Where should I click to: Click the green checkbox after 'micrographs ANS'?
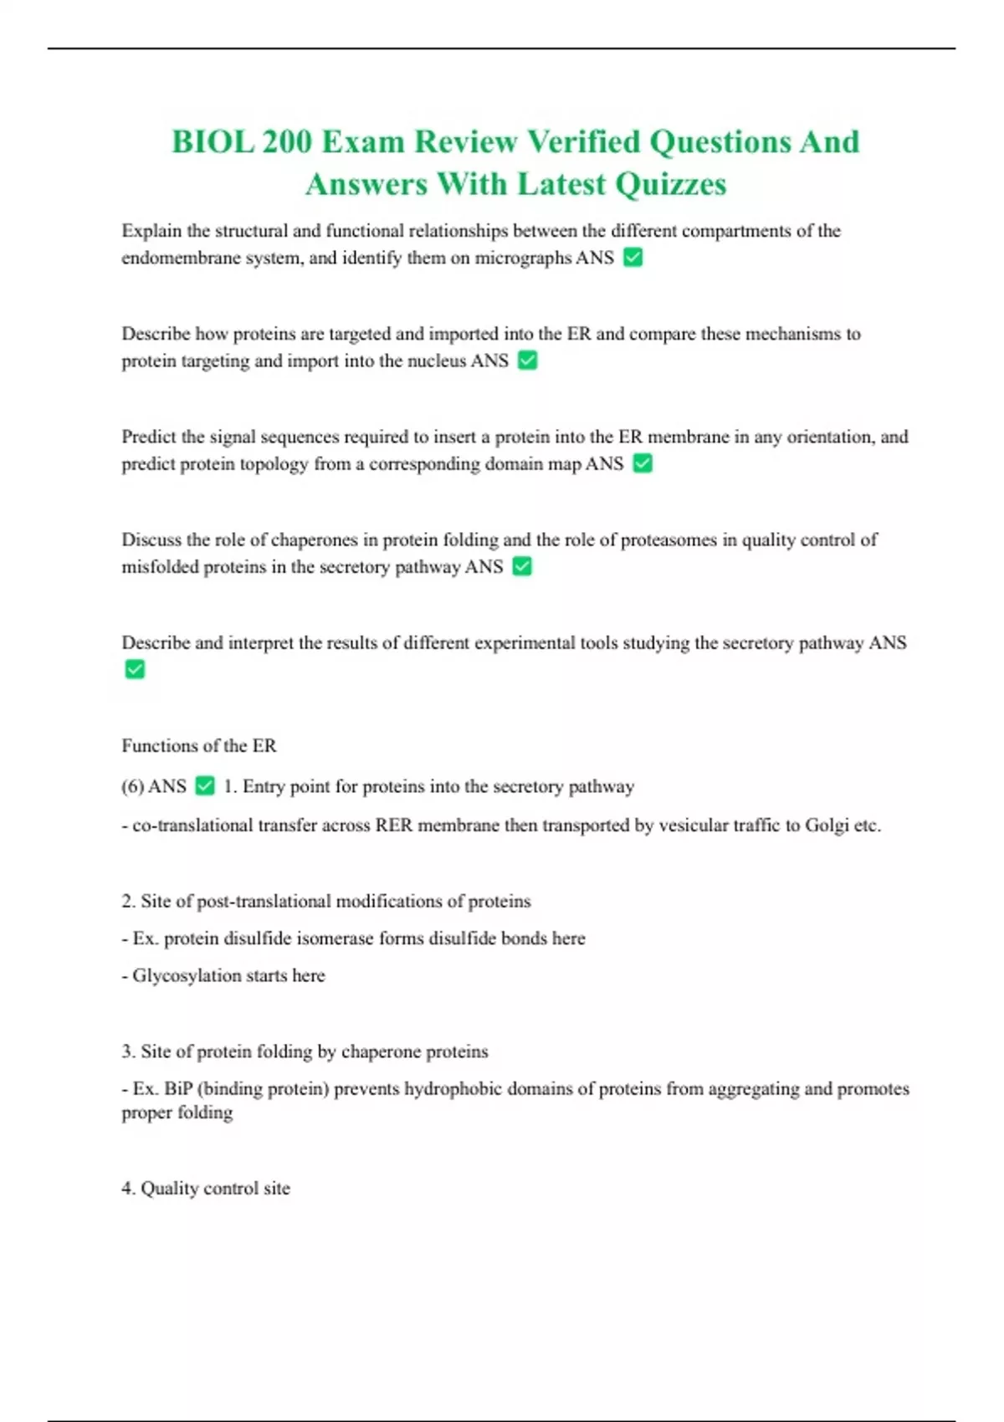(x=633, y=258)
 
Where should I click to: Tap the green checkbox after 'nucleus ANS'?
(x=527, y=361)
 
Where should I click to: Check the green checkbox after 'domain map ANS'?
(x=643, y=463)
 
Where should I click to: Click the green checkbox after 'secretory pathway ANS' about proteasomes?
(x=521, y=566)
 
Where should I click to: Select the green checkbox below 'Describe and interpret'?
(x=135, y=669)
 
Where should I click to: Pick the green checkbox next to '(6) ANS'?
(x=204, y=786)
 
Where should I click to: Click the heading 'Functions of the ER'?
(x=199, y=745)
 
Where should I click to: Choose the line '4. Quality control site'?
(x=206, y=1189)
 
